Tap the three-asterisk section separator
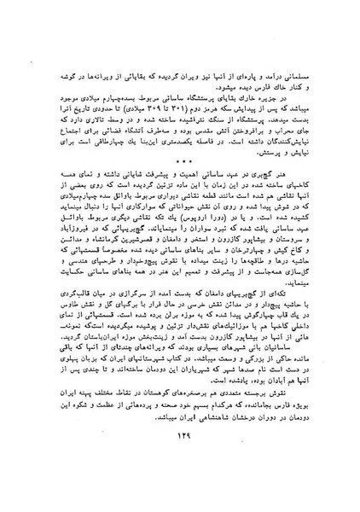point(181,183)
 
